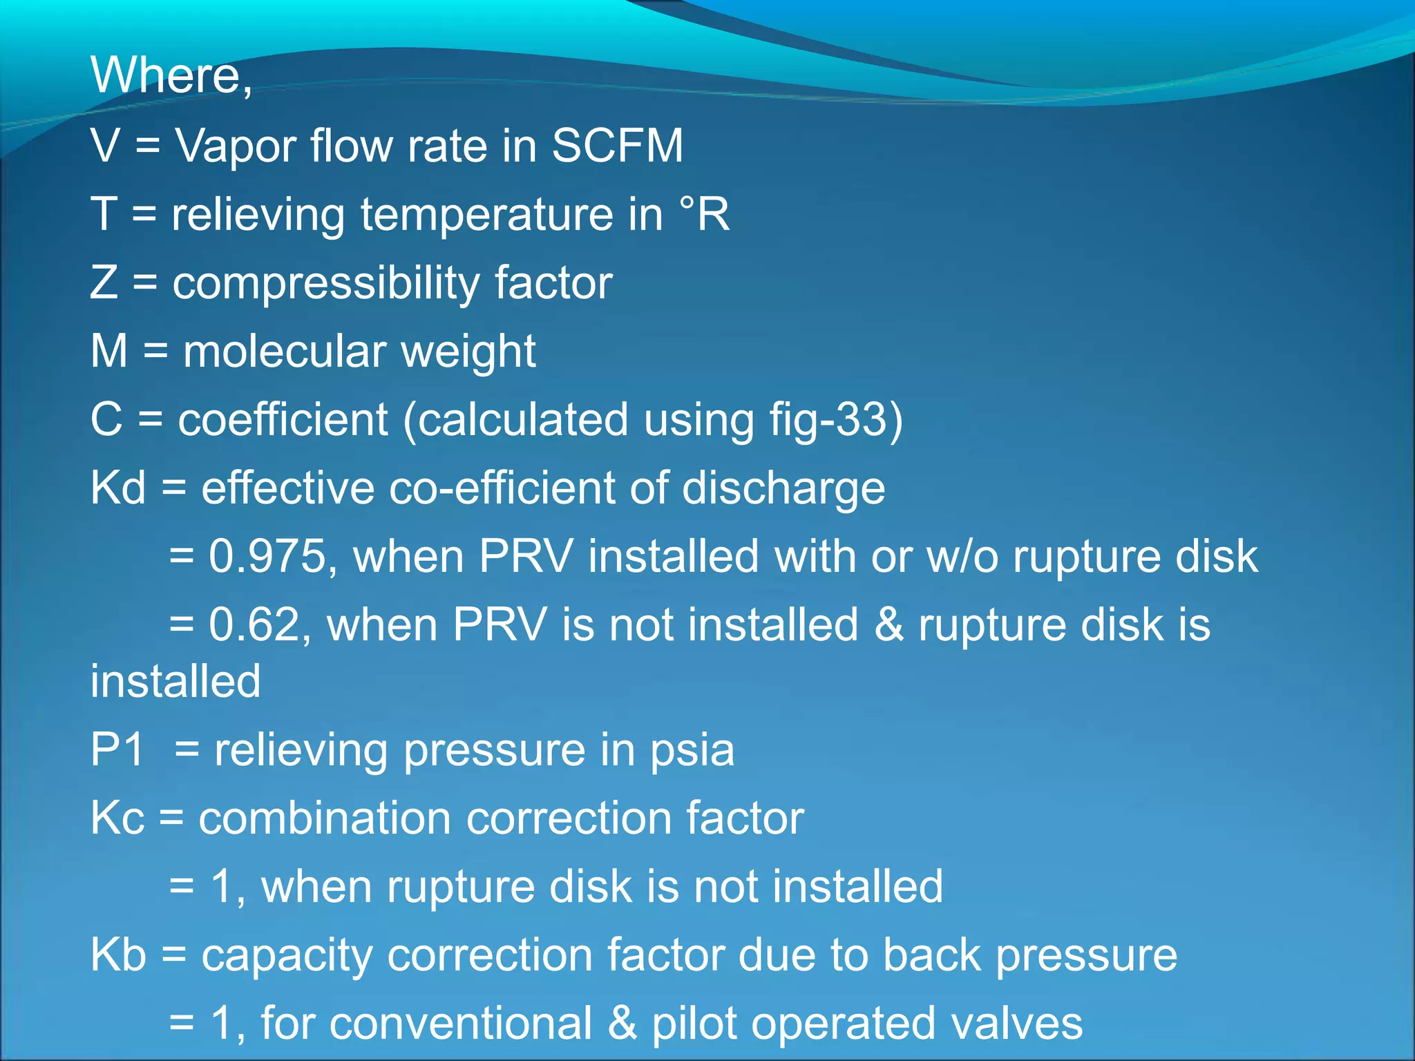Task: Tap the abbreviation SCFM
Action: [x=617, y=146]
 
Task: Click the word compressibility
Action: [x=325, y=283]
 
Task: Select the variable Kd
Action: [x=118, y=488]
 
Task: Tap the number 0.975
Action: [x=267, y=556]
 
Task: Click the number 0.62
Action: [x=253, y=624]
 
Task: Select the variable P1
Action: [x=117, y=749]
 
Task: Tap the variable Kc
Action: [x=117, y=818]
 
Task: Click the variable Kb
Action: [x=118, y=955]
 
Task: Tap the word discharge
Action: [x=784, y=488]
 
